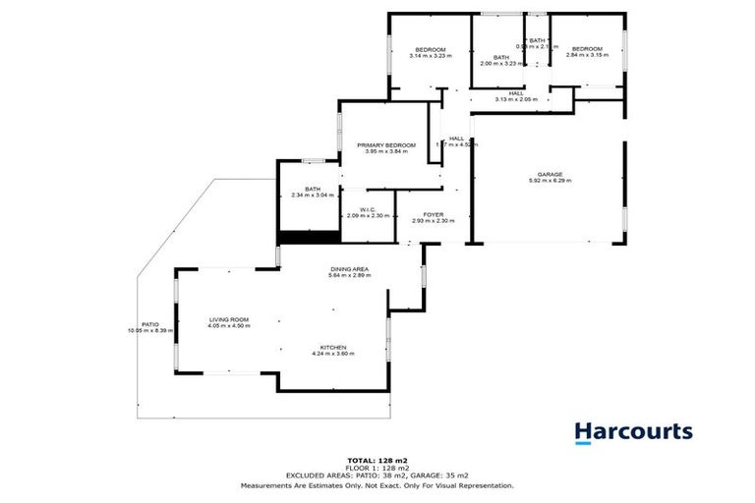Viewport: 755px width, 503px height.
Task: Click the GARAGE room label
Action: [550, 174]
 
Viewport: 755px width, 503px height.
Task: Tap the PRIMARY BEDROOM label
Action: [385, 144]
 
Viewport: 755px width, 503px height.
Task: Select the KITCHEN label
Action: [332, 347]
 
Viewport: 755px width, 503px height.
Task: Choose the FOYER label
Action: [434, 213]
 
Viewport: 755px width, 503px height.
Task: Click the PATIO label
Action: [150, 324]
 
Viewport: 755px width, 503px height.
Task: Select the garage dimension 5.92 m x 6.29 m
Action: [550, 181]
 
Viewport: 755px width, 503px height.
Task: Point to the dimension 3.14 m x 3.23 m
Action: [430, 56]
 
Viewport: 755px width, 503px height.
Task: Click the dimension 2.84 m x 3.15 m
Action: [587, 55]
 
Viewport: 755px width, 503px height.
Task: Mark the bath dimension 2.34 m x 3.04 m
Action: [313, 195]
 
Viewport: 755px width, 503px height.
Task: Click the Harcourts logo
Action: [633, 432]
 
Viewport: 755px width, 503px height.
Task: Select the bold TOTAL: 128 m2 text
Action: [377, 460]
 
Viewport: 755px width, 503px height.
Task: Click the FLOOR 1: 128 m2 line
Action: [377, 468]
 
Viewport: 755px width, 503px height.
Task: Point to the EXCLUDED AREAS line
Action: [377, 476]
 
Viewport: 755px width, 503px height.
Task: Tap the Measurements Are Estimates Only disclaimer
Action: [377, 485]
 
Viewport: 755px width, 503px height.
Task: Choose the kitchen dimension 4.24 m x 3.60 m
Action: [332, 354]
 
